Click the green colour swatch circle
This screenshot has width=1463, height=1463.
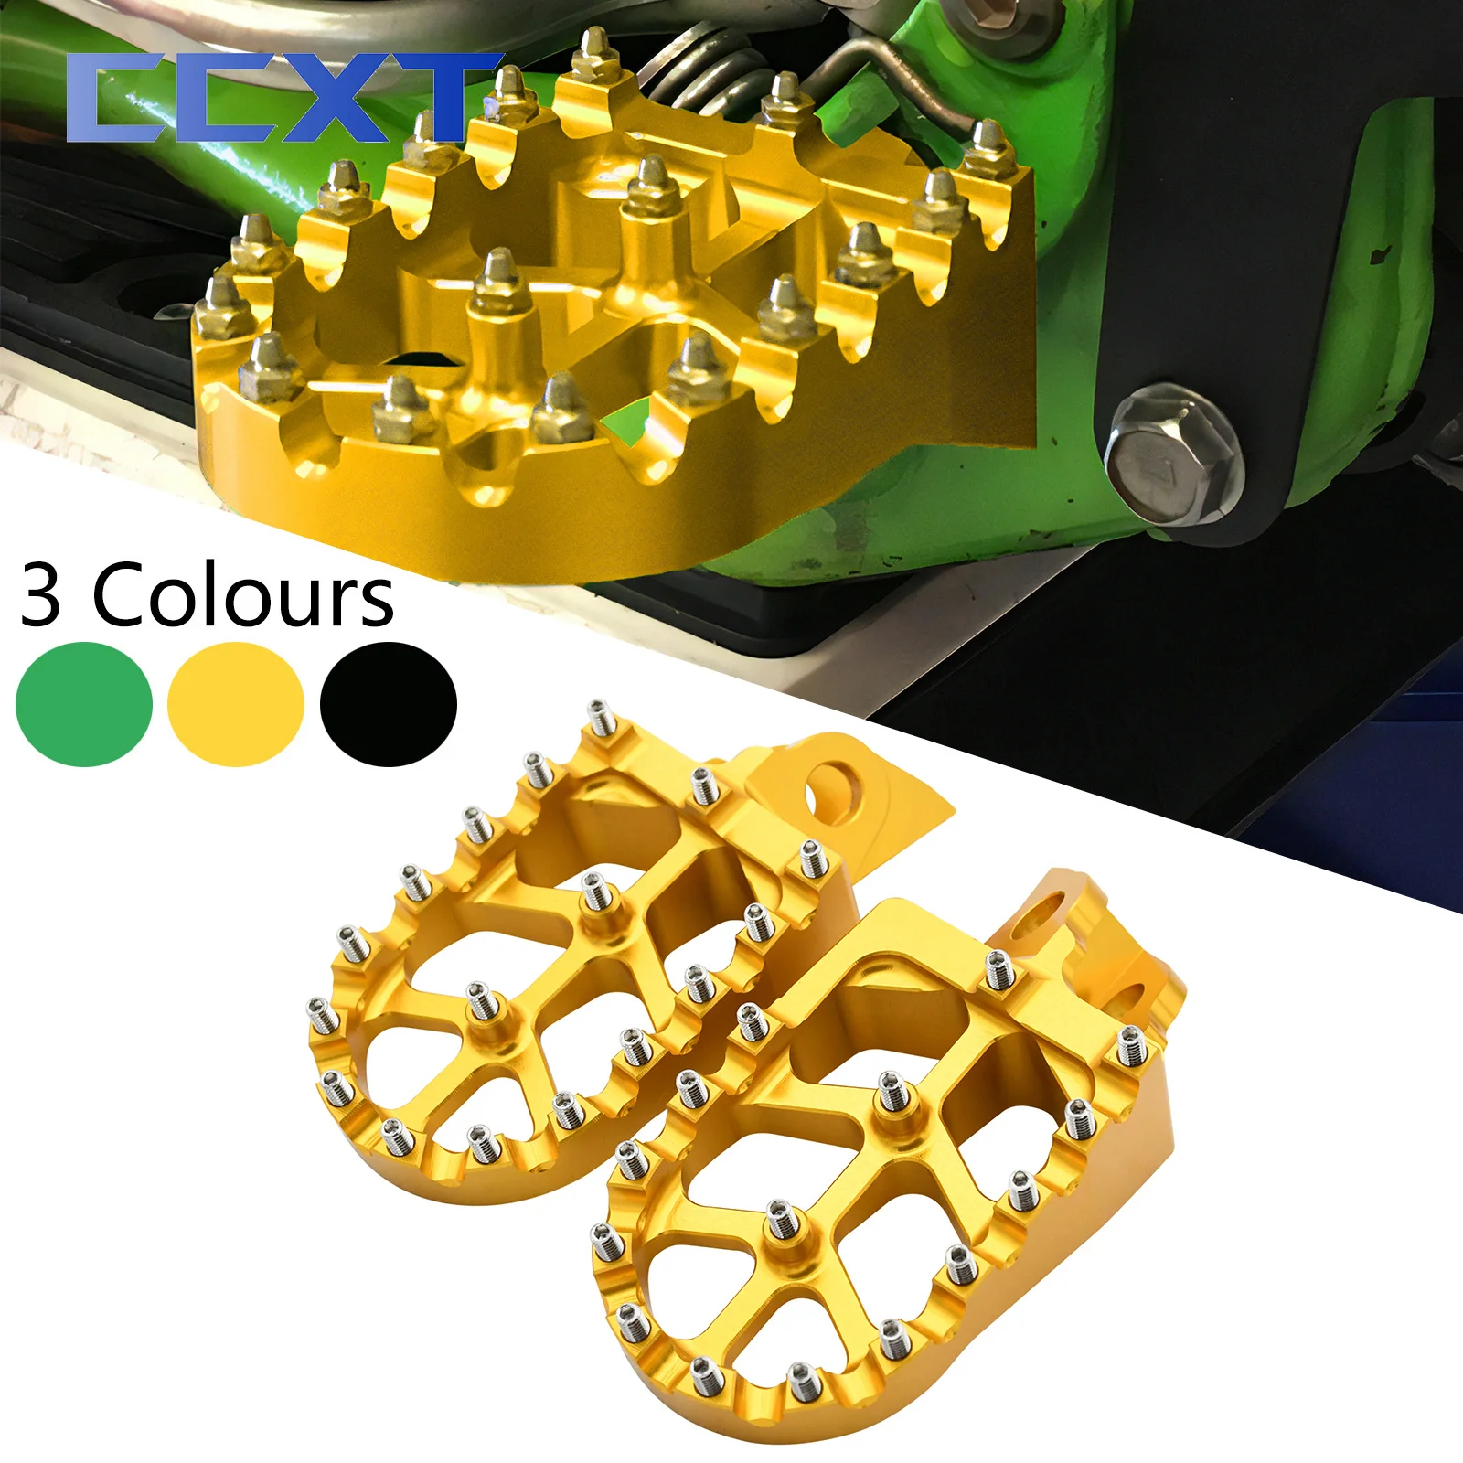(x=84, y=704)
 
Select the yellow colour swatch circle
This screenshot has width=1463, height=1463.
(x=236, y=704)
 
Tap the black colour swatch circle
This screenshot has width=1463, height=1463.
(x=389, y=704)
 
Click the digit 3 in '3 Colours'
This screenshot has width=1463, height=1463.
(x=41, y=596)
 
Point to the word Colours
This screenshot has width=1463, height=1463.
(x=243, y=596)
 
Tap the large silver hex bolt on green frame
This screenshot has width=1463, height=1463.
(x=1172, y=454)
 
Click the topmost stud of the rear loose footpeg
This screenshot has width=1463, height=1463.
(x=600, y=716)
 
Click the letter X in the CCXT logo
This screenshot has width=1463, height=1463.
(x=343, y=97)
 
